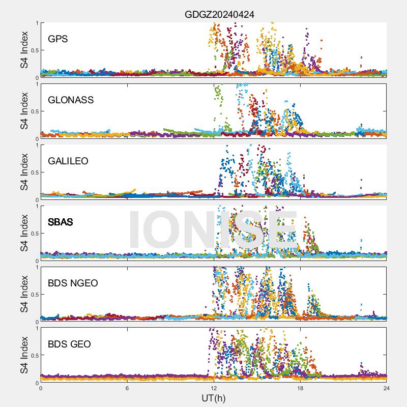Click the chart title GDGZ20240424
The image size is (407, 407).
(219, 15)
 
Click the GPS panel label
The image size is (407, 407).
(58, 39)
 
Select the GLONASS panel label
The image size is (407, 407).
(71, 100)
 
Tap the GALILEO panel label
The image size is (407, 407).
(68, 161)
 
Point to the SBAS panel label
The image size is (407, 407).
(60, 222)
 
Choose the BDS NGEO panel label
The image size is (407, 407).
(73, 283)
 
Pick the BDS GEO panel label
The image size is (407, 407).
(69, 344)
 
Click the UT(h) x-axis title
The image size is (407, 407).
(213, 397)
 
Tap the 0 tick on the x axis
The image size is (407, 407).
(41, 388)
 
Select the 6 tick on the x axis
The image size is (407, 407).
(127, 388)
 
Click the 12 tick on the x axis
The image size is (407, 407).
(214, 388)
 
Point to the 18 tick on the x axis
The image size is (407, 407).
(300, 388)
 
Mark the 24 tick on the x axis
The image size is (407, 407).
(387, 388)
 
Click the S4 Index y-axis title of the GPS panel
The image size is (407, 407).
(24, 50)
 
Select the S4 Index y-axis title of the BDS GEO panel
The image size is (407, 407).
(24, 355)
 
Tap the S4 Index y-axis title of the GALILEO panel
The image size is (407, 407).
(24, 172)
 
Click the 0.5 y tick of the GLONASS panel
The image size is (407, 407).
(34, 111)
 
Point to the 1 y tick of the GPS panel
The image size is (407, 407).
(37, 23)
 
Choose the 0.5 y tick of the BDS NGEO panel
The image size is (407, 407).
(34, 295)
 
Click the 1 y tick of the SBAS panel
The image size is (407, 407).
(37, 206)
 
